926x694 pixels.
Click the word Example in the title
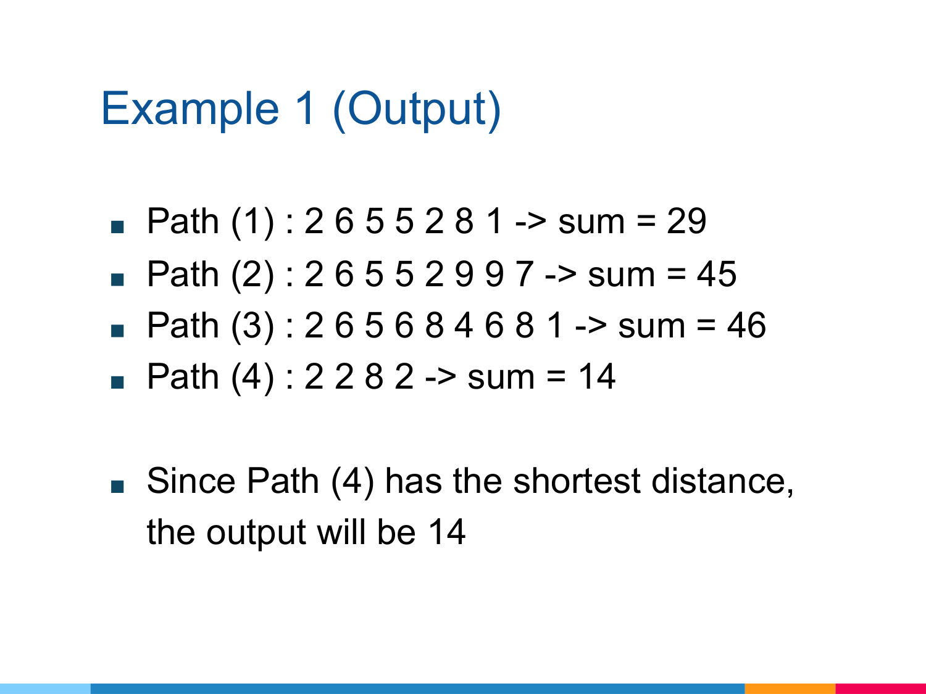190,109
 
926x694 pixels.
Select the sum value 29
686,221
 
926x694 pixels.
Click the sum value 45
716,274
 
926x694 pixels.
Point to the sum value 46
746,325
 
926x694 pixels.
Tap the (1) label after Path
252,221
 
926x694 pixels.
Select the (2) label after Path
252,275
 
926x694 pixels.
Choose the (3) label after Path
252,326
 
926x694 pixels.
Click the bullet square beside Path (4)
117,382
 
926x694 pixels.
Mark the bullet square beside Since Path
117,486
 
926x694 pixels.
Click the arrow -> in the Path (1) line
531,222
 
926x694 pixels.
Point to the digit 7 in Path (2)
524,274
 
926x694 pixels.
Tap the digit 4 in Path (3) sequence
464,325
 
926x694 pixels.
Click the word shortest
577,481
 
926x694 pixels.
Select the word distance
722,481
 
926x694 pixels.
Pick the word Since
191,481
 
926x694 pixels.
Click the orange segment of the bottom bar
790,688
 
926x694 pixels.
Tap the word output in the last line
256,533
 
